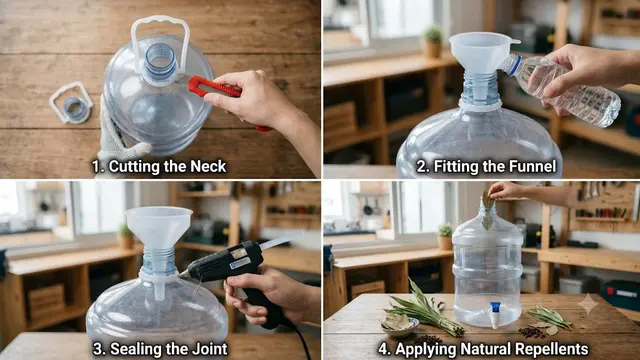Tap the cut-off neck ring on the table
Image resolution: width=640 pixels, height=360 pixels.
(71, 103)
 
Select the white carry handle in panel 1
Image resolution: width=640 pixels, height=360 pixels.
(160, 41)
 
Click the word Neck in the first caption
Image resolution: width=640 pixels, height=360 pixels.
(208, 167)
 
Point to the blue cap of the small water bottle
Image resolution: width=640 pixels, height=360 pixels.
(513, 65)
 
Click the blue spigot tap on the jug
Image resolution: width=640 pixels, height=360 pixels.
(495, 313)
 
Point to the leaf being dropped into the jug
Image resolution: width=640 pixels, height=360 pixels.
(487, 210)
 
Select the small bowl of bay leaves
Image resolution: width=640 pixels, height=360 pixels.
(399, 324)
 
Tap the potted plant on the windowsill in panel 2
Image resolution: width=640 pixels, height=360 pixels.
(432, 41)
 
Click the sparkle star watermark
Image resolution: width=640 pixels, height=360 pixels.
(587, 304)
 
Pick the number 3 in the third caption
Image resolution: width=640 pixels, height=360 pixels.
(98, 349)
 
